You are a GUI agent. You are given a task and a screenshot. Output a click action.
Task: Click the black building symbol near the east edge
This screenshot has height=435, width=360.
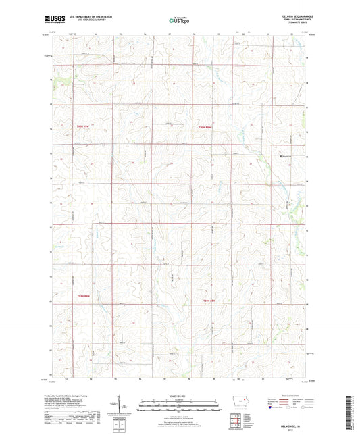282,159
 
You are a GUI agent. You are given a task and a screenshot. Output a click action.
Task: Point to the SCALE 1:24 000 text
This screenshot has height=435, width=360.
179,396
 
